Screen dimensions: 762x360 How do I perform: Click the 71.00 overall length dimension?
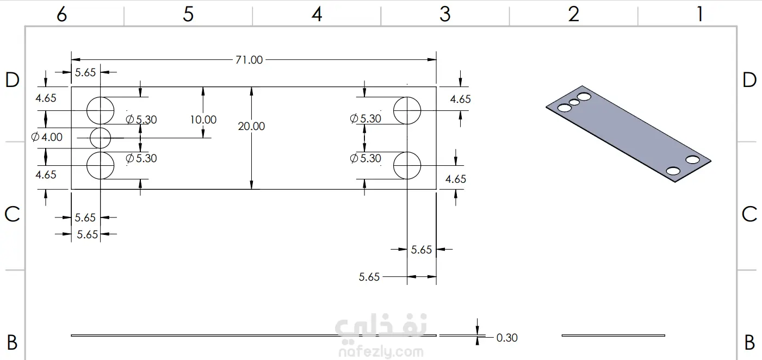pyautogui.click(x=249, y=60)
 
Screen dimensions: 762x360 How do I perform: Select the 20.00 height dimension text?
pyautogui.click(x=251, y=126)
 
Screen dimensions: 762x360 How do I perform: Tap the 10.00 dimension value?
pyautogui.click(x=203, y=120)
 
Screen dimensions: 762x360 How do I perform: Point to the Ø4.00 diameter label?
pyautogui.click(x=47, y=137)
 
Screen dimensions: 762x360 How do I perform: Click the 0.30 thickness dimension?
pyautogui.click(x=507, y=338)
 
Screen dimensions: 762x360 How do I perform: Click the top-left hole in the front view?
pyautogui.click(x=101, y=97)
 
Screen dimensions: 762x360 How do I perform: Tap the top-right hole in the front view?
pyautogui.click(x=407, y=97)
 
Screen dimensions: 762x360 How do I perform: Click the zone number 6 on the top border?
pyautogui.click(x=61, y=15)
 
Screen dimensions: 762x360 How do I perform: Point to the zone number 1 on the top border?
pyautogui.click(x=699, y=14)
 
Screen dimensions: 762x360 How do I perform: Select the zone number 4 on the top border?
pyautogui.click(x=317, y=14)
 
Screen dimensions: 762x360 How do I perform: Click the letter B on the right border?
pyautogui.click(x=749, y=343)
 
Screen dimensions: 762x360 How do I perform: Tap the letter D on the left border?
pyautogui.click(x=13, y=80)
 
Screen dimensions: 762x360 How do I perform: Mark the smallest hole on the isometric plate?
pyautogui.click(x=574, y=102)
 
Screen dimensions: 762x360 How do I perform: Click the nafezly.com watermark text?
pyautogui.click(x=381, y=352)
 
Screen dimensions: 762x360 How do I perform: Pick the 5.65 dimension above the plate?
pyautogui.click(x=85, y=72)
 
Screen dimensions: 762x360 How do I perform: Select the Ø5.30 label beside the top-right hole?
pyautogui.click(x=365, y=119)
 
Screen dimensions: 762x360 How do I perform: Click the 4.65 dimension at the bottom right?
pyautogui.click(x=455, y=179)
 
